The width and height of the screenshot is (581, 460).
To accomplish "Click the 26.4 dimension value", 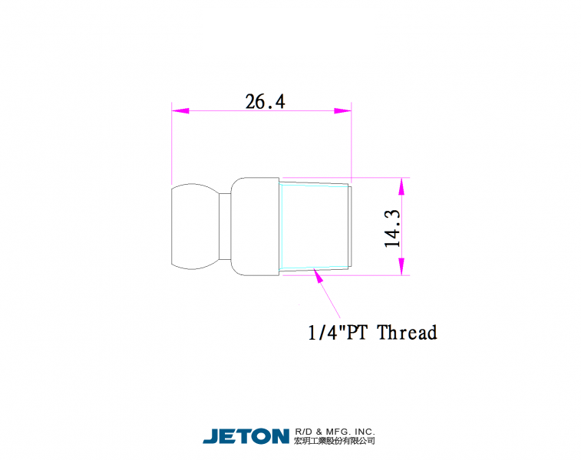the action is (x=266, y=101).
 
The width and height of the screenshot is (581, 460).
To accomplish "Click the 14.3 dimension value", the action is (x=392, y=228).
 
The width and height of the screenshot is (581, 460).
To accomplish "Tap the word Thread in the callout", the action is (x=408, y=332).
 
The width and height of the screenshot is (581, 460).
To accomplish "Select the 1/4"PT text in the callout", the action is (x=338, y=332).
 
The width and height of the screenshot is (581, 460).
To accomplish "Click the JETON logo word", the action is (x=246, y=436).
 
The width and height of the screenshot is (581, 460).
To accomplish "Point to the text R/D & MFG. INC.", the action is (x=335, y=432).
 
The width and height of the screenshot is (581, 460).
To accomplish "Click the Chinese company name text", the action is (x=335, y=440).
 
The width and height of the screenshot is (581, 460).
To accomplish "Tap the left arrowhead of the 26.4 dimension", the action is (x=180, y=110).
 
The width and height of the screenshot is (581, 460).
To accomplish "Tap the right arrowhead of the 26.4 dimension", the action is (x=343, y=110).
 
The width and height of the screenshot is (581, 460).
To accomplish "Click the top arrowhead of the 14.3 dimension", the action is (x=401, y=186).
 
